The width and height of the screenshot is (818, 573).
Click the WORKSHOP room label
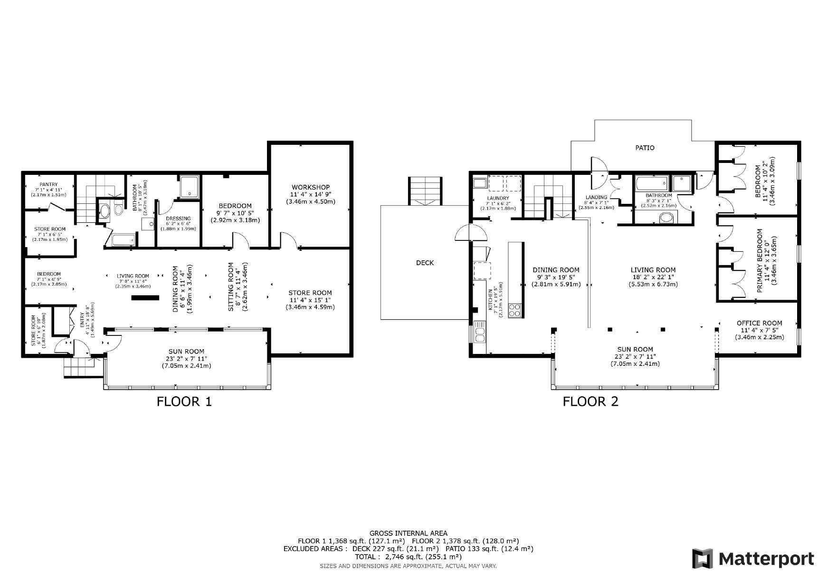point(311,187)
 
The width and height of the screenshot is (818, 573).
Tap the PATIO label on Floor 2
point(645,148)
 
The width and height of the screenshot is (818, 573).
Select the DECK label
point(425,263)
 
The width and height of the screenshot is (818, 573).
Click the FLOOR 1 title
point(184,401)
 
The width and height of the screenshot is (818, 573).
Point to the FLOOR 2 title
point(590,401)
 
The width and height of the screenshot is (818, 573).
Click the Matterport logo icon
point(703,558)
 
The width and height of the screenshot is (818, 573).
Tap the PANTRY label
point(48,184)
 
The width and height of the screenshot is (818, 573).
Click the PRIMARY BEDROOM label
point(760,260)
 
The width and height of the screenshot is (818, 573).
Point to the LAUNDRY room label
point(498,198)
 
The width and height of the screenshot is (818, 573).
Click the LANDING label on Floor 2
point(596,197)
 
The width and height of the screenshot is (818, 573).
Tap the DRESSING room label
point(179,219)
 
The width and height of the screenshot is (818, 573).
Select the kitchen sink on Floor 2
point(480,332)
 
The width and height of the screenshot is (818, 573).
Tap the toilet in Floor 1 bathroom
point(116,211)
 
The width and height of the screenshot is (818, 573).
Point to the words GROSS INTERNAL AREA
point(408,534)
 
